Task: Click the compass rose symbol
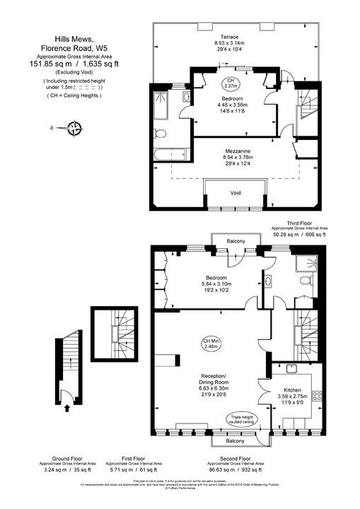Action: pos(74,128)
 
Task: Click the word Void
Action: pos(235,192)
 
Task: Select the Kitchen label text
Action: pos(293,390)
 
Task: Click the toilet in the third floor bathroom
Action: pos(161,134)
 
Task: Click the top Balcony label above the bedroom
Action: pos(236,242)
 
